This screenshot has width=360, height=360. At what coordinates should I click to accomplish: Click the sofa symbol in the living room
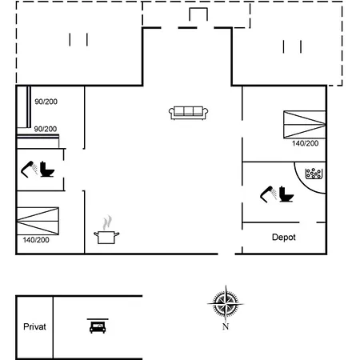[189, 113]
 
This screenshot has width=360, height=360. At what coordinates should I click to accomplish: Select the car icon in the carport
[98, 326]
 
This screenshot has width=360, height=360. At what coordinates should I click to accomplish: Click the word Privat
[34, 326]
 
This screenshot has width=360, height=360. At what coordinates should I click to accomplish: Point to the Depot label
[284, 237]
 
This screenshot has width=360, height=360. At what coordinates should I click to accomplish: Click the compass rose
[226, 304]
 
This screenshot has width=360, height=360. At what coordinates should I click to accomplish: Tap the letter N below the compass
[226, 326]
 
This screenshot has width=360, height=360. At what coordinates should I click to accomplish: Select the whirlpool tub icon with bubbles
[314, 174]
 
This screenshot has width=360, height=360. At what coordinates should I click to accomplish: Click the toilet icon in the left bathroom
[47, 170]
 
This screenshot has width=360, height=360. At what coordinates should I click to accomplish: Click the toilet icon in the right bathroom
[286, 194]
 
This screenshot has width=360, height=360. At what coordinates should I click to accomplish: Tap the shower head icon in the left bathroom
[29, 169]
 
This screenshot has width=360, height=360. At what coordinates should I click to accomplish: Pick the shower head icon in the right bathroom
[269, 194]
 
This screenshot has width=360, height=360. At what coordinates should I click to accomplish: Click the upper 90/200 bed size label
[46, 102]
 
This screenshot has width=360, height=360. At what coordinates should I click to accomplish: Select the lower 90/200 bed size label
[46, 129]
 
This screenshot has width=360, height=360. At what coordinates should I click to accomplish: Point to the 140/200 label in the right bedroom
[305, 143]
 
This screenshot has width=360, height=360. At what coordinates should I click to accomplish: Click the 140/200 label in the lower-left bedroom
[36, 240]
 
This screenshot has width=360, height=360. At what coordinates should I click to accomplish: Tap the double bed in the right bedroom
[305, 125]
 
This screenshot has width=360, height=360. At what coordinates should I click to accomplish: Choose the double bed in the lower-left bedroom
[38, 221]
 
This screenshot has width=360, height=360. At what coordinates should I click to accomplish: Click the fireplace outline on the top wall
[198, 8]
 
